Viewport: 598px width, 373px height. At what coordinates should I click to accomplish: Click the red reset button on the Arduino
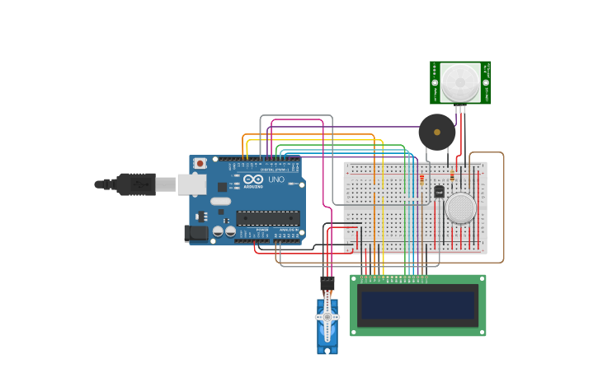(200, 163)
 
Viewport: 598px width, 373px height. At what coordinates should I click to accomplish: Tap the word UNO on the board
(276, 180)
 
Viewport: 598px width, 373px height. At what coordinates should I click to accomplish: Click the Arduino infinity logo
(252, 179)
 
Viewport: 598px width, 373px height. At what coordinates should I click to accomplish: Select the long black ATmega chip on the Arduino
(268, 218)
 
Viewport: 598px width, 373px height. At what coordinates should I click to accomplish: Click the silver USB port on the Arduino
(191, 184)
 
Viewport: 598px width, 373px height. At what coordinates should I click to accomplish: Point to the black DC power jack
(197, 233)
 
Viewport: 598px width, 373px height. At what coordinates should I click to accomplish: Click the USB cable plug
(136, 184)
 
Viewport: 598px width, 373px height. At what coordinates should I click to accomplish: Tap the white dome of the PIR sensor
(459, 82)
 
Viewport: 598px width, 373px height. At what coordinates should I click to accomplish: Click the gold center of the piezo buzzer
(437, 132)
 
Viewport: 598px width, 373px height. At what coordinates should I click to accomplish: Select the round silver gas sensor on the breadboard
(460, 207)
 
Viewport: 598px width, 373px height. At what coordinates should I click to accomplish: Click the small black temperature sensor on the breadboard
(439, 191)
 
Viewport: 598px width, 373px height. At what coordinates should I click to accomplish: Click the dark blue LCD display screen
(418, 305)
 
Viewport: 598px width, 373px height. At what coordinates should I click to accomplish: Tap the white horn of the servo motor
(327, 318)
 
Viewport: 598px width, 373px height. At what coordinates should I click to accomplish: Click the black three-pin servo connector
(327, 282)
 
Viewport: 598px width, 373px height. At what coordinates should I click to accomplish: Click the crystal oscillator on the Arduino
(220, 201)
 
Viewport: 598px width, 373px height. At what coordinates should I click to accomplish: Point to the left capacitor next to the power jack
(218, 232)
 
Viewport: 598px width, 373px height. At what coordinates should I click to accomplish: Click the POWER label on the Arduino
(261, 240)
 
